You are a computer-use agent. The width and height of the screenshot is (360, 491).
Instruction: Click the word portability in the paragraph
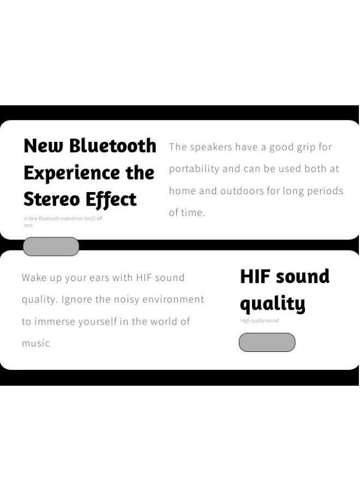[x=194, y=169]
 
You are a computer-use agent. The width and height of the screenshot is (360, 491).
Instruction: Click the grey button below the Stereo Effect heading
[x=51, y=247]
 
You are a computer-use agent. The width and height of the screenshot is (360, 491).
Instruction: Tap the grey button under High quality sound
[x=267, y=343]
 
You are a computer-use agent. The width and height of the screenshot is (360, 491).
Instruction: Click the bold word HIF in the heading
[x=256, y=277]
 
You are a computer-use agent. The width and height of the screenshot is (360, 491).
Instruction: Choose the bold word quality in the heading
[x=272, y=304]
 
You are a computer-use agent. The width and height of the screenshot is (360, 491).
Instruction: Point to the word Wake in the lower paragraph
[x=34, y=278]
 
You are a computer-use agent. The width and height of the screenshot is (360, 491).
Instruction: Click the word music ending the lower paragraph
[x=35, y=344]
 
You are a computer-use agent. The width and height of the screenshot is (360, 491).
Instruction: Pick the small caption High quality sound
[x=260, y=321]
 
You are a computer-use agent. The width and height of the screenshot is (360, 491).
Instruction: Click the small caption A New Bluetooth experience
[x=63, y=219]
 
